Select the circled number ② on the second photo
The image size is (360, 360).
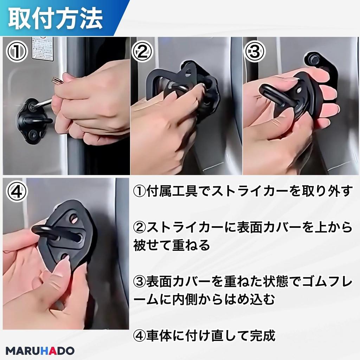tap(143, 52)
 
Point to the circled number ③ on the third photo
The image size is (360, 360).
tap(255, 52)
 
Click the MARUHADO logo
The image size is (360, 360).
tap(40, 351)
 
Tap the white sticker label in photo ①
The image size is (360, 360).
tap(43, 48)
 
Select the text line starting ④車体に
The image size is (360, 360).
tap(204, 336)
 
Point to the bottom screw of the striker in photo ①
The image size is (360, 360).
tap(33, 134)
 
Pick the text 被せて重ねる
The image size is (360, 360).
tap(171, 245)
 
